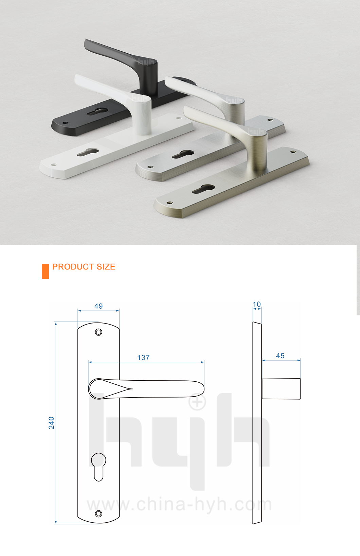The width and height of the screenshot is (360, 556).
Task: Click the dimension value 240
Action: [x=51, y=423]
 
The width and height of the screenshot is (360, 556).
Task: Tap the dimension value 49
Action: [x=98, y=306]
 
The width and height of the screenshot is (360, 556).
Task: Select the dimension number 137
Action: [x=143, y=358]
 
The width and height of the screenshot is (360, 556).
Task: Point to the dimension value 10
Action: [x=257, y=304]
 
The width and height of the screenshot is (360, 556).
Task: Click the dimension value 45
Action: [x=280, y=356]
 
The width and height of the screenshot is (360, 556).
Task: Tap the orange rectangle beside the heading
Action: [x=45, y=271]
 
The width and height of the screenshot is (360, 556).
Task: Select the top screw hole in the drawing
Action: [x=98, y=332]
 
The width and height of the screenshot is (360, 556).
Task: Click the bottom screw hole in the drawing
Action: [x=98, y=514]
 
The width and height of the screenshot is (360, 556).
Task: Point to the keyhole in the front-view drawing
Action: [x=98, y=466]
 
